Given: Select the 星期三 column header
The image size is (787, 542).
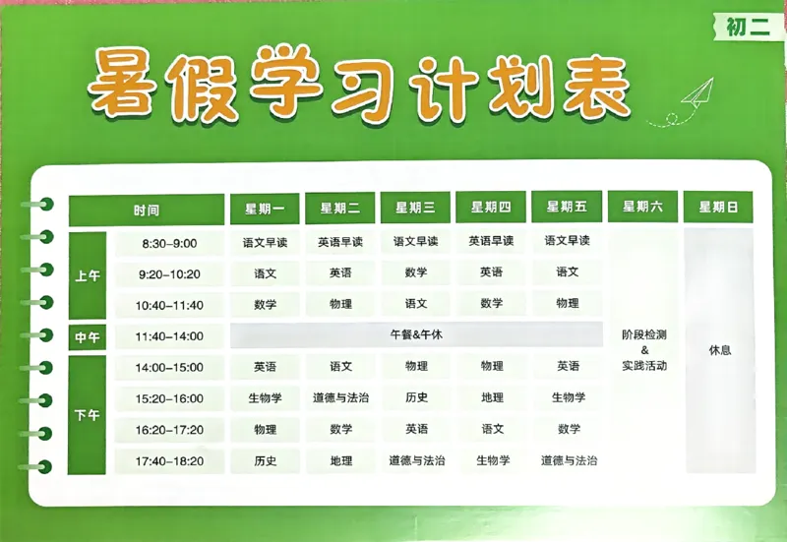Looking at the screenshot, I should coord(416,209).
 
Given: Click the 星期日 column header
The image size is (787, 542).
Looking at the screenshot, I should coord(719,208).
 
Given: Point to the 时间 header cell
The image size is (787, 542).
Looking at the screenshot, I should coord(147,211).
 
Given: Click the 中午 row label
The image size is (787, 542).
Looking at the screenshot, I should coord(88,337).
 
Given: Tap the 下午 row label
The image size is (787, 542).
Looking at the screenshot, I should coord(88,415).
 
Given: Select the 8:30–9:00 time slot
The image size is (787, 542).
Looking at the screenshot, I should coord(169,243).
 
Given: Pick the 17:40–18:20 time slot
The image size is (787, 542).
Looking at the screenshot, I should coord(169,461).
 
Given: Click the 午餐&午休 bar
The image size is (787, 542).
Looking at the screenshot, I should coord(416,335).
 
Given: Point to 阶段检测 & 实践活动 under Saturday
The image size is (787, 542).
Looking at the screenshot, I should coord(644,350).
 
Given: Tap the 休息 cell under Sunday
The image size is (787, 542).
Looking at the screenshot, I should coord(719,350).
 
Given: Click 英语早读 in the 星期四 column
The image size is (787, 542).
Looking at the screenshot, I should coord(492,242).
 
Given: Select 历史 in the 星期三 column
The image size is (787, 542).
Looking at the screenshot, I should coord(416,398).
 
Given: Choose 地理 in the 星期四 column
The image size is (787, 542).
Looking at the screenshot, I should coord(492,398).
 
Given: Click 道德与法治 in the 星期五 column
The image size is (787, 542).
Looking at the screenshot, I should coord(568,460).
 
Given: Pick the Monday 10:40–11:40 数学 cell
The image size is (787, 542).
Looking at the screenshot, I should coord(266,305).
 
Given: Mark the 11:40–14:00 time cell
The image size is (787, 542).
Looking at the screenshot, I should coord(169,336).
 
